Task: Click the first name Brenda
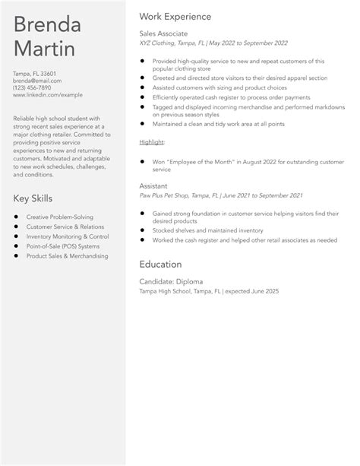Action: (47, 24)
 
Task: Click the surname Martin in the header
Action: (44, 50)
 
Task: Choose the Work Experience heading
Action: (175, 16)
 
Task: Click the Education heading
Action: (160, 264)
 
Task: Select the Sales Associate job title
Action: (163, 34)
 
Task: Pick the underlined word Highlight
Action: (153, 142)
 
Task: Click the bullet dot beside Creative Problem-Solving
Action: (17, 218)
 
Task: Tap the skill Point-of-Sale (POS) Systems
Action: (63, 246)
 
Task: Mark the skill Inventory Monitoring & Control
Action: (67, 236)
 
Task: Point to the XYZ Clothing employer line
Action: (215, 43)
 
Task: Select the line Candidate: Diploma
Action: (171, 281)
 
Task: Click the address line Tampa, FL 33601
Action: (34, 73)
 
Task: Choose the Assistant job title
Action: (154, 185)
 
